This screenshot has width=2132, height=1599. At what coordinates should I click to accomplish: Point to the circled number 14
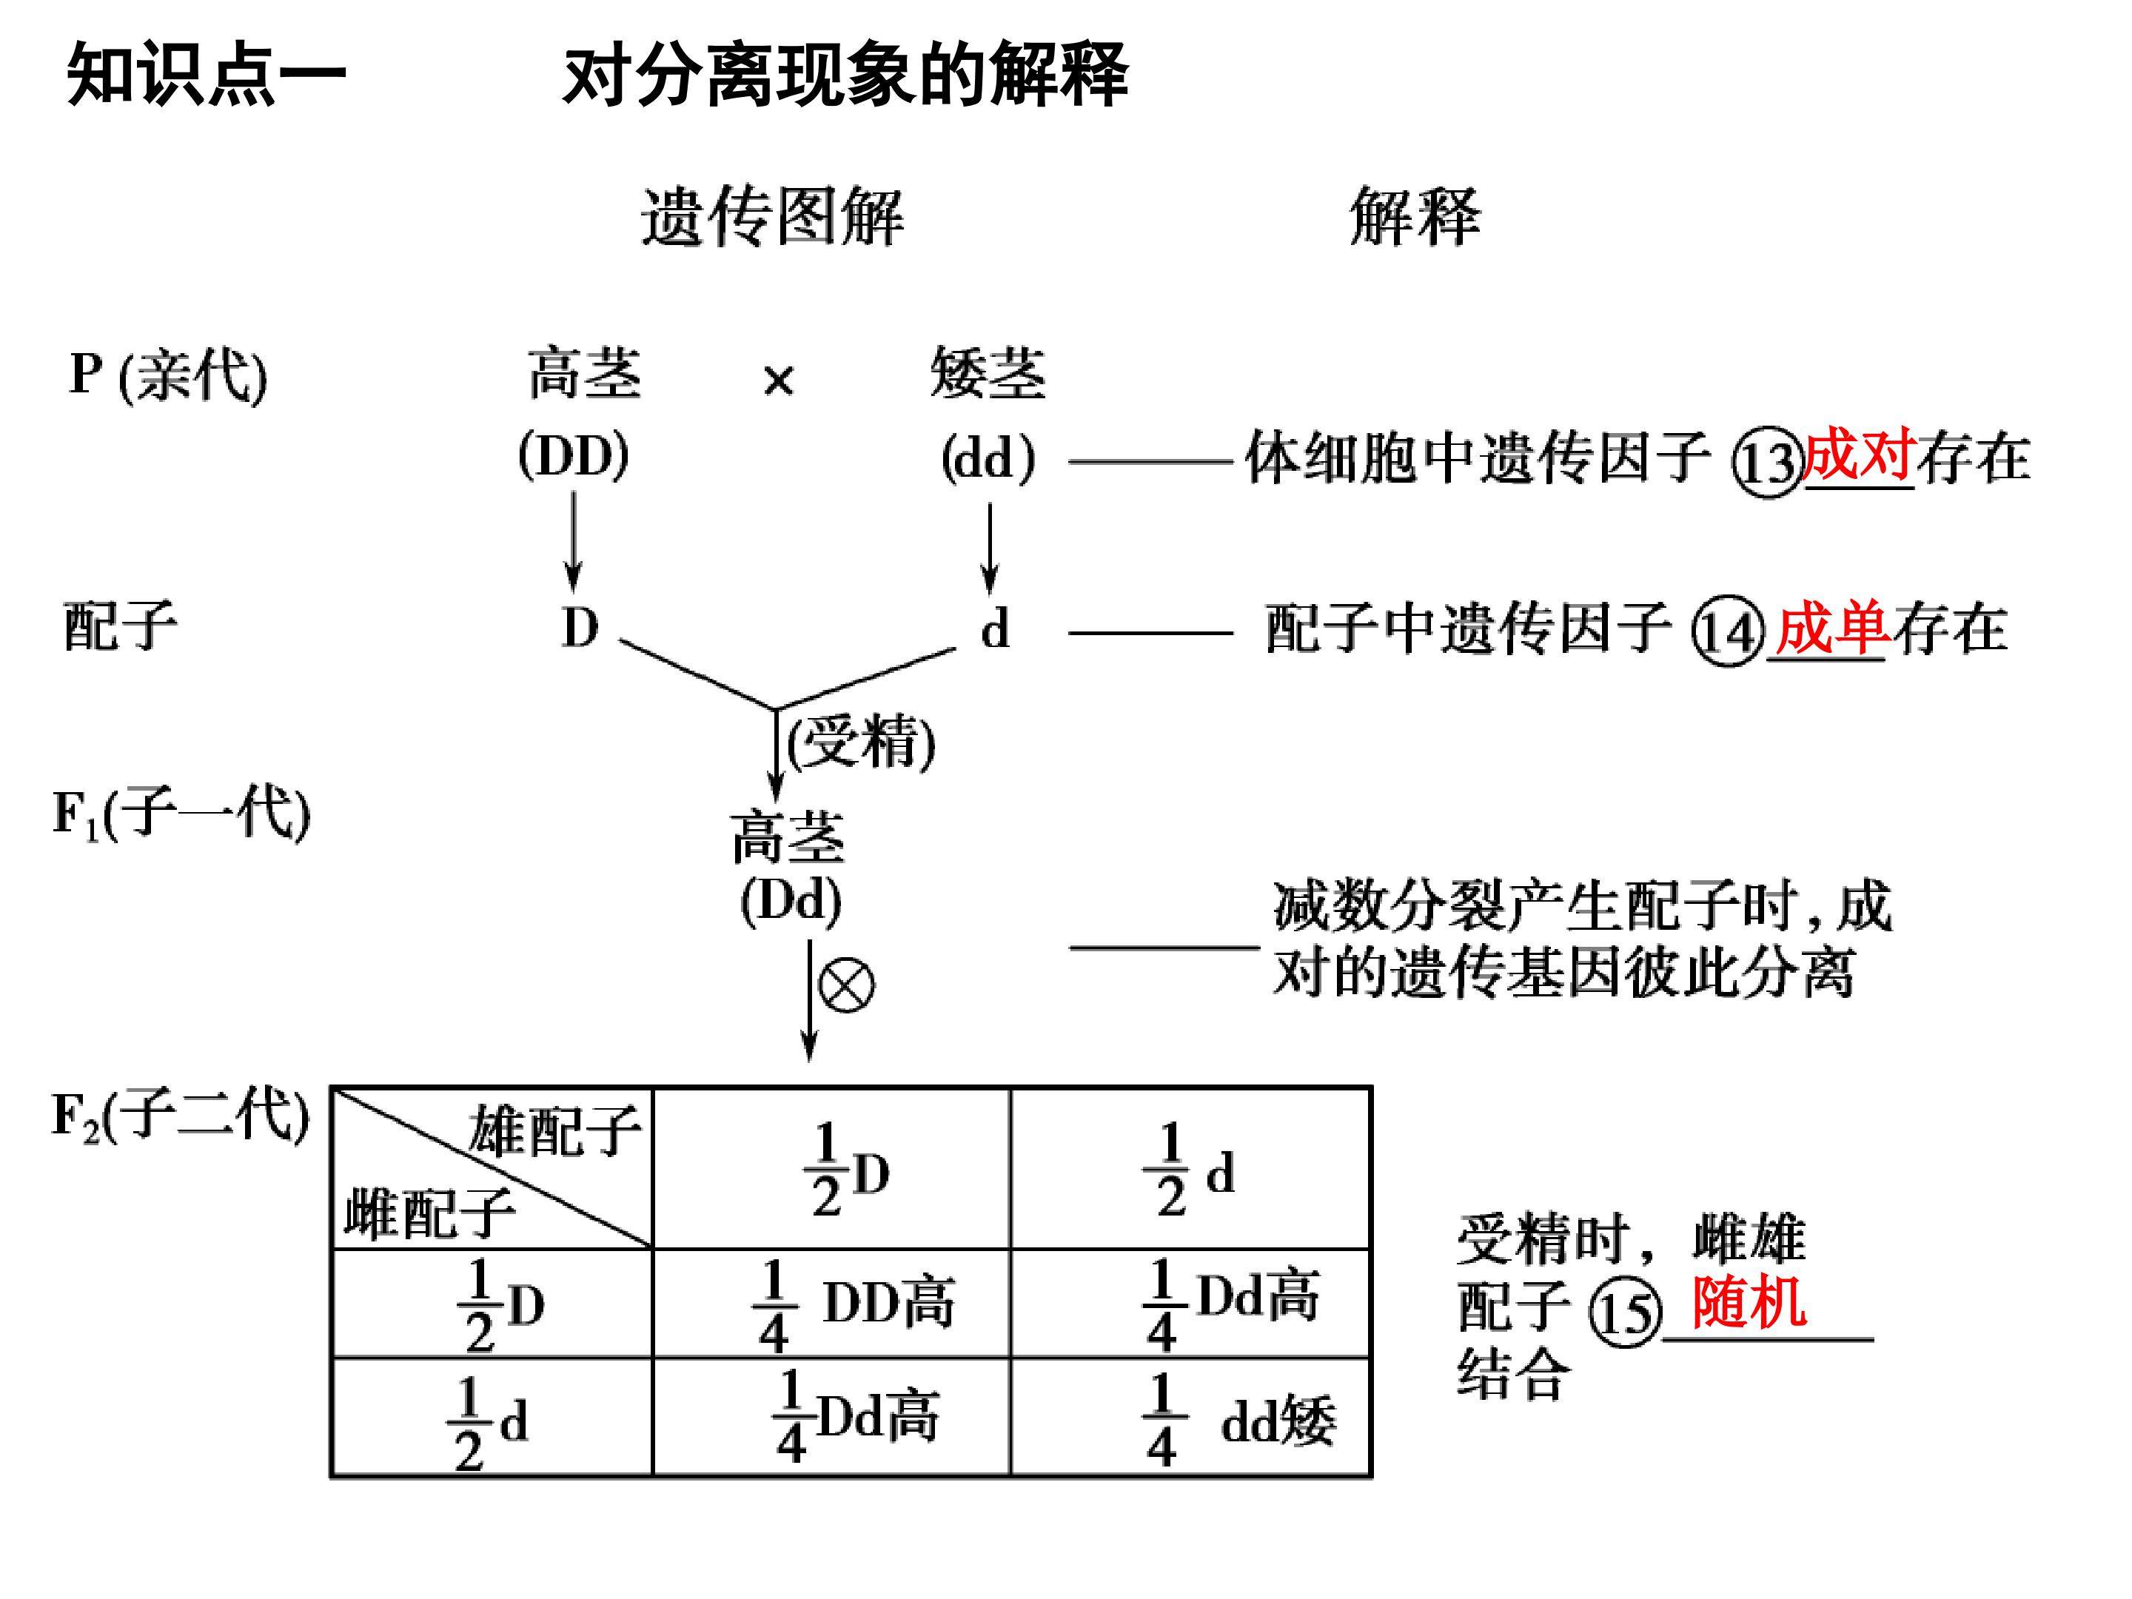[1728, 632]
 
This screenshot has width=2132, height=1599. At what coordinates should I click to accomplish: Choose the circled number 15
[1625, 1313]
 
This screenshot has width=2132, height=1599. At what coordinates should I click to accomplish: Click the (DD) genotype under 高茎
[574, 455]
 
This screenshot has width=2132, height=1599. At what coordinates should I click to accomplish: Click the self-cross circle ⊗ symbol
[845, 985]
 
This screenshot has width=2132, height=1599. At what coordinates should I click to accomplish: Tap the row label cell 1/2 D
[492, 1303]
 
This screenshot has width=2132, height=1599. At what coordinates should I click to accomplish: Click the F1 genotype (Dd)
[791, 901]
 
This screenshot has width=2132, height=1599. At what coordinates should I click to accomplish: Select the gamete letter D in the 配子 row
[579, 628]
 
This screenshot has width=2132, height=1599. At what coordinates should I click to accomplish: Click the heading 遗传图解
[772, 217]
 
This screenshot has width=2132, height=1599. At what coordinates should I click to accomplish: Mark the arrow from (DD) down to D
[574, 540]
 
